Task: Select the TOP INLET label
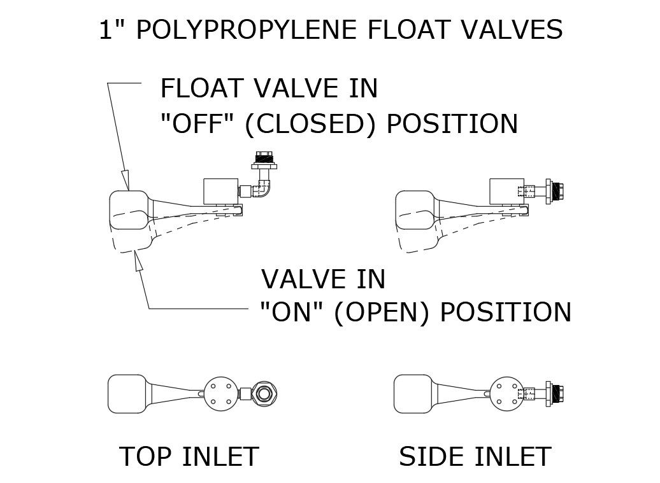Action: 189,456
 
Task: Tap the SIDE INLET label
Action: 475,456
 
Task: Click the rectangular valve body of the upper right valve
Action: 506,192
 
